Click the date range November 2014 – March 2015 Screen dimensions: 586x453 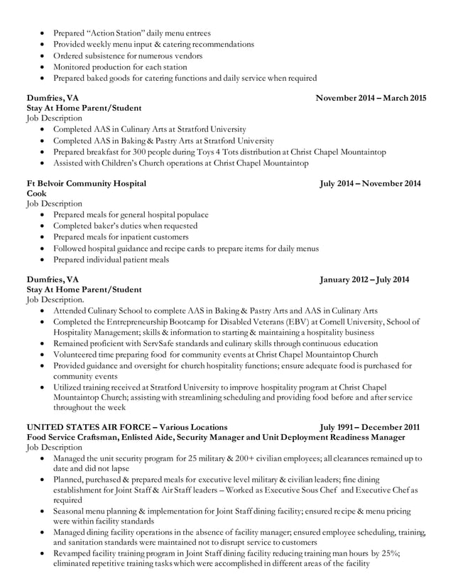point(371,98)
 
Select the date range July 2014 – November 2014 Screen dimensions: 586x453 point(370,184)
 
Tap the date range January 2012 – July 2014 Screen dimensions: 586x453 point(364,280)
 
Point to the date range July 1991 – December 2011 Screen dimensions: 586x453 point(369,427)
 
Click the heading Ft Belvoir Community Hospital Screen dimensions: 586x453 point(86,184)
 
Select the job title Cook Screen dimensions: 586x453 point(36,194)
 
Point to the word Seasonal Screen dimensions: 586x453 point(72,511)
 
